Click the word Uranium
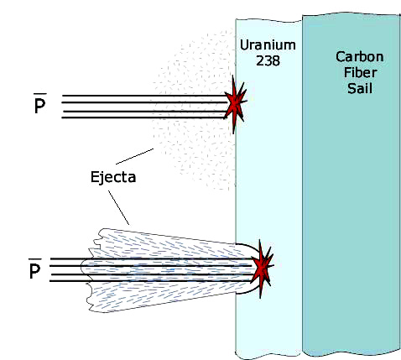tap(268, 45)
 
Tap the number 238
tap(268, 60)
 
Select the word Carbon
tap(360, 57)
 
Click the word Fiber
tap(360, 72)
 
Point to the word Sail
tap(360, 88)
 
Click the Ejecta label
tap(113, 177)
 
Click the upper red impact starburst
tap(237, 104)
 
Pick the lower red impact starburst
tap(262, 269)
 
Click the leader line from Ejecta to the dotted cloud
tap(134, 156)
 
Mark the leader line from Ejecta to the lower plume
tap(119, 207)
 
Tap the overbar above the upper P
tap(40, 94)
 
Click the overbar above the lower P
tap(35, 259)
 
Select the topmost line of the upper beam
tap(145, 96)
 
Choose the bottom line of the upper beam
tap(143, 117)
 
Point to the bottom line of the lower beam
tap(151, 281)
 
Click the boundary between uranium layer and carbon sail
tap(302, 187)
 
